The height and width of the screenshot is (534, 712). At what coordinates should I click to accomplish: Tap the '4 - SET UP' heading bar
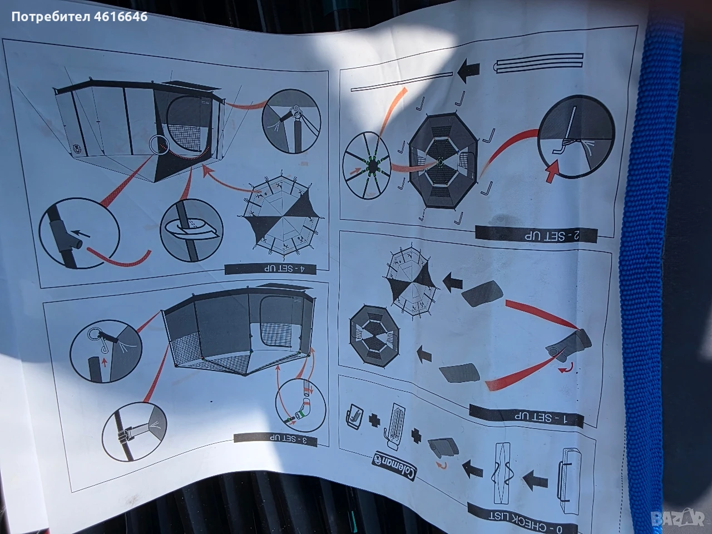pyautogui.click(x=270, y=269)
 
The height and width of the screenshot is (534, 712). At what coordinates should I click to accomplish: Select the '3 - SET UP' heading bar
pyautogui.click(x=275, y=439)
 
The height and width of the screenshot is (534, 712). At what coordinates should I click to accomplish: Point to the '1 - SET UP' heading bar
pyautogui.click(x=526, y=416)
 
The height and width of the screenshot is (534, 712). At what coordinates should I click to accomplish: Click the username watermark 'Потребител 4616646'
pyautogui.click(x=80, y=17)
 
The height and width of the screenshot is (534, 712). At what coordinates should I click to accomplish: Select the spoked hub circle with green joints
pyautogui.click(x=366, y=165)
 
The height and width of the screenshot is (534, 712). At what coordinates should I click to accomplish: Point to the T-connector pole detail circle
pyautogui.click(x=79, y=233)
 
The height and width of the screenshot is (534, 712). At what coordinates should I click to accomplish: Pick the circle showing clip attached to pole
pyautogui.click(x=134, y=432)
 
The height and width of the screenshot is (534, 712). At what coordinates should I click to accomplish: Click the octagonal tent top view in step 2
pyautogui.click(x=442, y=161)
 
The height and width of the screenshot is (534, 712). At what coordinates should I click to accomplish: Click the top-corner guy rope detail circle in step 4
pyautogui.click(x=291, y=121)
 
